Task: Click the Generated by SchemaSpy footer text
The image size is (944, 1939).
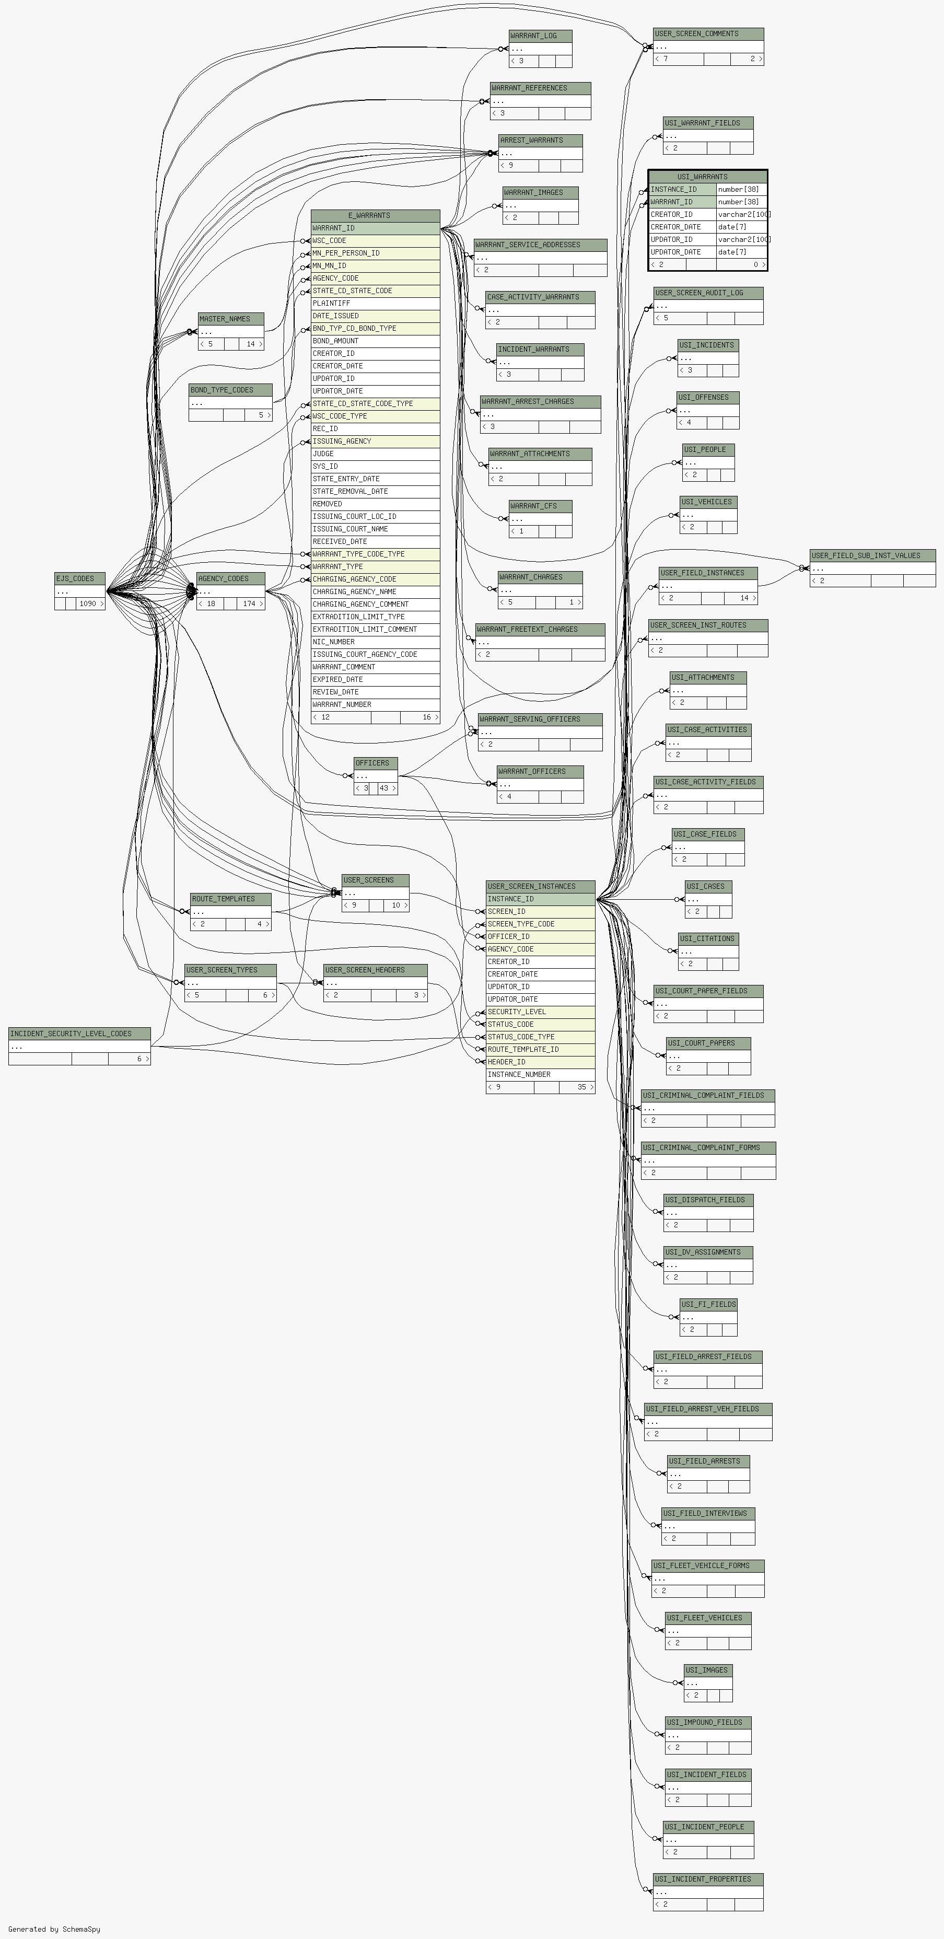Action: (x=54, y=1929)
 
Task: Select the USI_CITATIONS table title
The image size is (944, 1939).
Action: (x=708, y=938)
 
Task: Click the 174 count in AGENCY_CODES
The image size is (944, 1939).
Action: (x=249, y=603)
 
